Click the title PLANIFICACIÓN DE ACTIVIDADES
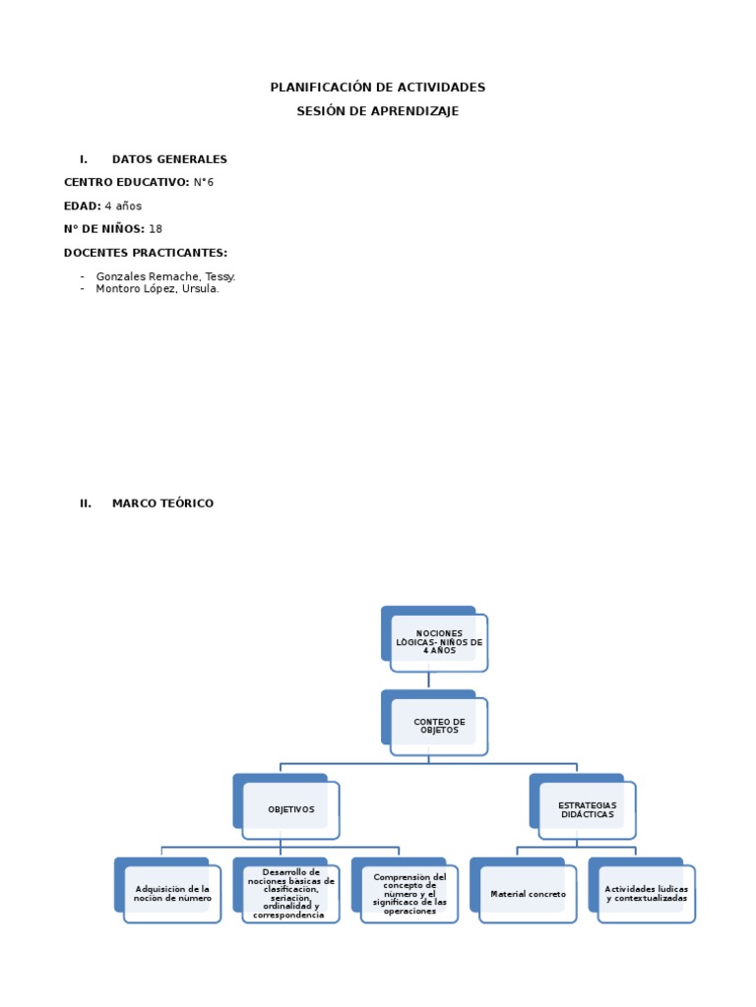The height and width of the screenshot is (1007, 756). click(x=378, y=88)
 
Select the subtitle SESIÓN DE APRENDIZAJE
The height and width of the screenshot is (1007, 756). click(x=378, y=111)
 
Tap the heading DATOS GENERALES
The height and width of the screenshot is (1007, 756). click(x=169, y=159)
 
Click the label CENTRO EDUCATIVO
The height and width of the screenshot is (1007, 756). click(x=126, y=183)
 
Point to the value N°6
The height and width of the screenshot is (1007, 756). click(x=204, y=183)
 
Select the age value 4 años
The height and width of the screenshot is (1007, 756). click(x=123, y=207)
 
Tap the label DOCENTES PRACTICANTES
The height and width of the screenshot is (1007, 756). click(x=146, y=254)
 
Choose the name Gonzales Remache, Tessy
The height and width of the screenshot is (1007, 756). click(x=165, y=277)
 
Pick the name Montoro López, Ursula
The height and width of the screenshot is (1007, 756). click(x=157, y=289)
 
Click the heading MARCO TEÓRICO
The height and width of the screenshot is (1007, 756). click(x=162, y=503)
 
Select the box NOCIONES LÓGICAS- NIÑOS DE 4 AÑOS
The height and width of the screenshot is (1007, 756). click(x=438, y=642)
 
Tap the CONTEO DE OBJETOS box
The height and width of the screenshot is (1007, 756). click(x=438, y=726)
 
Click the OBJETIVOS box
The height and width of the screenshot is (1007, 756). click(x=290, y=809)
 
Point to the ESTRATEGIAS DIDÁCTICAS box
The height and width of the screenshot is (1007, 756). click(x=587, y=809)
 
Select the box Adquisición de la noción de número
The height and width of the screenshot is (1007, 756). click(x=172, y=894)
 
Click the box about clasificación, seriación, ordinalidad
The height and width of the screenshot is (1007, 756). click(x=290, y=894)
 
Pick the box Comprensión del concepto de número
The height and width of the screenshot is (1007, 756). click(x=409, y=894)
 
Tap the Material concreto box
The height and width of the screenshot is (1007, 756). click(x=528, y=894)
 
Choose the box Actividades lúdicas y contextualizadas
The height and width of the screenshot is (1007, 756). click(x=646, y=894)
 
